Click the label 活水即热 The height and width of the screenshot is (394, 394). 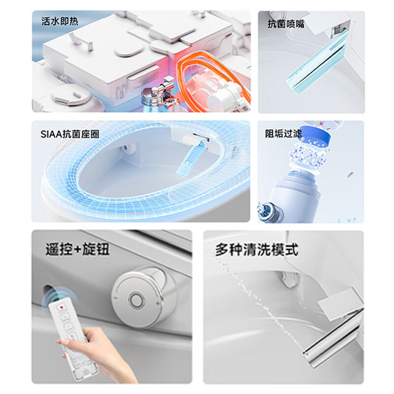pos(60,22)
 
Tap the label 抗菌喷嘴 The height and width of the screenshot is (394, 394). pos(286,25)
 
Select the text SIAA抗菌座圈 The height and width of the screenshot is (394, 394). pos(70,134)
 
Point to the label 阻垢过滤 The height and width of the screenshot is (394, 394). pos(283,134)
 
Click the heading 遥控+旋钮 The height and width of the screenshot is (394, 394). pos(78,249)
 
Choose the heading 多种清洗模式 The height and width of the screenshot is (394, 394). pos(257,249)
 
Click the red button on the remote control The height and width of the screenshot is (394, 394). pos(61,307)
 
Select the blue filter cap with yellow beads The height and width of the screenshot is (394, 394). pos(316,137)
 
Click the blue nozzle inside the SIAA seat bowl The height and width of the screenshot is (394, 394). pos(189,158)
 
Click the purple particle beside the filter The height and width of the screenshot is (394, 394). pos(350,174)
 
